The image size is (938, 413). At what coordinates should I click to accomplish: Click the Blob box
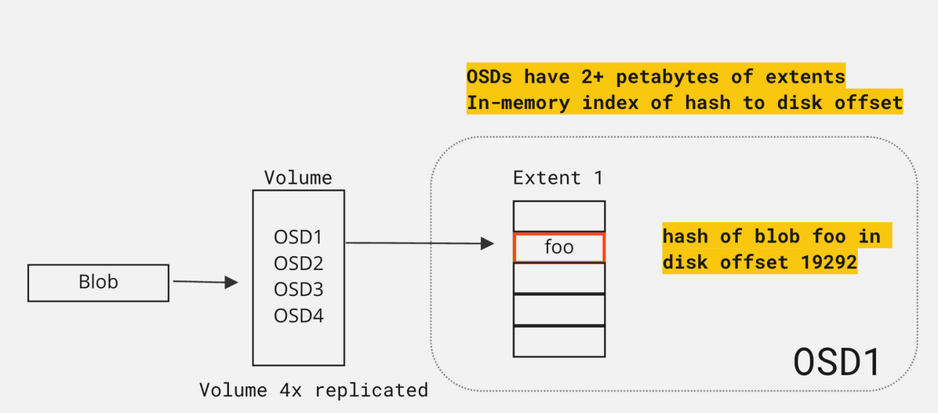98,283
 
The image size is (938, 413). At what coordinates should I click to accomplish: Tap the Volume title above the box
298,177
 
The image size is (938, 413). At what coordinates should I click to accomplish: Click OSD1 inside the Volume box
298,236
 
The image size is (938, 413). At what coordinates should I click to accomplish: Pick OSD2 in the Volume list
298,263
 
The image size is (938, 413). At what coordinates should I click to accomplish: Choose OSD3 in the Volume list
298,290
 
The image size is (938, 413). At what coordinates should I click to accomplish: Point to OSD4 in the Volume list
298,316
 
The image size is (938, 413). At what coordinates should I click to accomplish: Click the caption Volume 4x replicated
314,390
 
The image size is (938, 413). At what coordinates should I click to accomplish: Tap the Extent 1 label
558,178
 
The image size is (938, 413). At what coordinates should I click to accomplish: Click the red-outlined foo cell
559,247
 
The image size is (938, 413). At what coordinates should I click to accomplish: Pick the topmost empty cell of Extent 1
559,216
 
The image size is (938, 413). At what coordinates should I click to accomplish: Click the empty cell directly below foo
559,278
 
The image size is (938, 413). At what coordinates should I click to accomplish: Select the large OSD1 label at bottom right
837,362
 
